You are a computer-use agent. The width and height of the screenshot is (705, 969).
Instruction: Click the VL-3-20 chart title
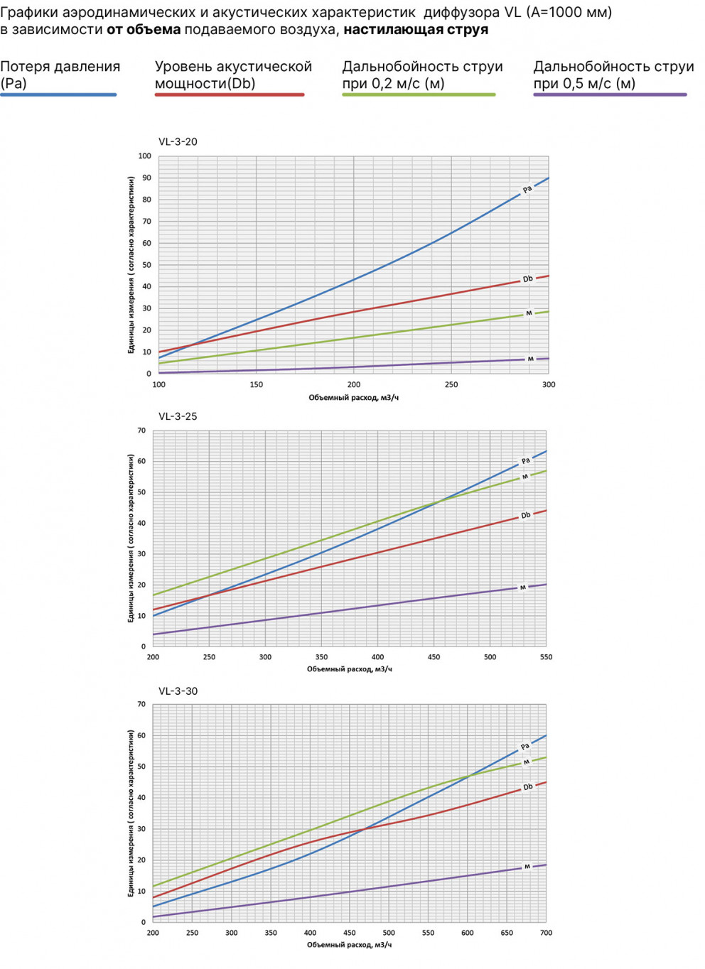click(178, 141)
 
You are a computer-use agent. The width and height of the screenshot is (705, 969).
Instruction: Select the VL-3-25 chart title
click(178, 416)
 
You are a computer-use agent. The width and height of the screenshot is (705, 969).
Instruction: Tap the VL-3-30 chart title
click(178, 691)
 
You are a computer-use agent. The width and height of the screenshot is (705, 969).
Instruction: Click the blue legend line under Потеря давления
click(58, 94)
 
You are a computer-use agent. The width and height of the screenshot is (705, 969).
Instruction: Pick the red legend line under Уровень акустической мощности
click(230, 94)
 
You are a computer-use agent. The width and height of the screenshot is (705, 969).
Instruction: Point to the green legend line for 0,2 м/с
click(419, 94)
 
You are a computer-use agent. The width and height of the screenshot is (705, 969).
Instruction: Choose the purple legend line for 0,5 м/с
click(610, 94)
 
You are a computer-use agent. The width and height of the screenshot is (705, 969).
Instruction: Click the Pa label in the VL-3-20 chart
click(527, 189)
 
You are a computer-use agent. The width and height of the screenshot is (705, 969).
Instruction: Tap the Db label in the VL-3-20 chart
click(527, 279)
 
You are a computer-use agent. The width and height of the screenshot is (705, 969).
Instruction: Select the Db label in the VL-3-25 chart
click(526, 515)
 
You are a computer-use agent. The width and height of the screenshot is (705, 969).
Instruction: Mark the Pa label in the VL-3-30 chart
click(525, 746)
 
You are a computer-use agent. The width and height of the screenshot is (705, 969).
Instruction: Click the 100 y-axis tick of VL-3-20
click(145, 156)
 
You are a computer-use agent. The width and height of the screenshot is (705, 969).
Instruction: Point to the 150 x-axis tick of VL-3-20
click(256, 384)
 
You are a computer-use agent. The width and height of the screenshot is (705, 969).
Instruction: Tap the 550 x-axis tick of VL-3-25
click(546, 657)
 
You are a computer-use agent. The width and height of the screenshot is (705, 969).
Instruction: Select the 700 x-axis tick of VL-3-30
click(546, 933)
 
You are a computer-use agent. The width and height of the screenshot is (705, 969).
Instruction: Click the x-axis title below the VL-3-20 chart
click(353, 398)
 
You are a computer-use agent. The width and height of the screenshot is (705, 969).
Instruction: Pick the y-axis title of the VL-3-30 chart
click(131, 813)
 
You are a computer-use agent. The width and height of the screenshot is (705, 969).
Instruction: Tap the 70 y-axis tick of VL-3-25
click(141, 431)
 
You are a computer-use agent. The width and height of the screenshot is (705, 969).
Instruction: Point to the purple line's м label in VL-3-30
click(527, 866)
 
